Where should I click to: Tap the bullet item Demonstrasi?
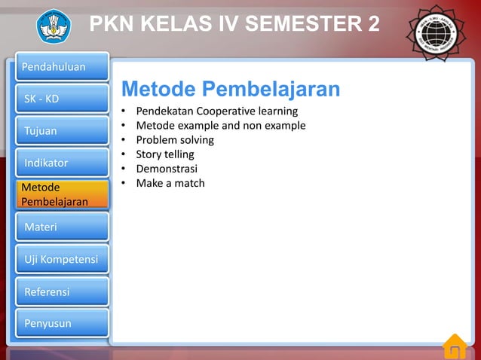coord(166,168)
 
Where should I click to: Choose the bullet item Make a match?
coord(170,182)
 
